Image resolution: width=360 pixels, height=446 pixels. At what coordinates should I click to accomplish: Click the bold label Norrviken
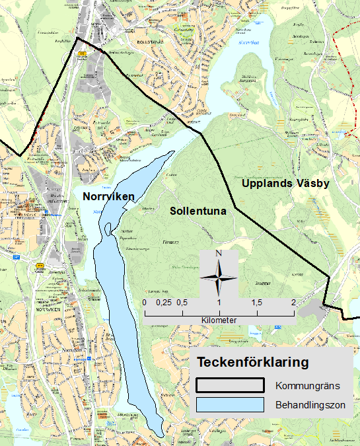[x=108, y=196]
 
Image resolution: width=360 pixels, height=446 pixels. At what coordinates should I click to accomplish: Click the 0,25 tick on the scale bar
[x=162, y=302]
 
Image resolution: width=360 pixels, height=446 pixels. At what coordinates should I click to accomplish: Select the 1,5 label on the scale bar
[x=256, y=302]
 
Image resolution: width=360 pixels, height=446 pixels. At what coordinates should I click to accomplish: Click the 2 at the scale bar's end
[x=293, y=302]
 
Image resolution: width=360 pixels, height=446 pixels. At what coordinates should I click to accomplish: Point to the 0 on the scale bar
[x=145, y=302]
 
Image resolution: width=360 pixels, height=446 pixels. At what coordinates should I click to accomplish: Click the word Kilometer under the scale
[x=219, y=320]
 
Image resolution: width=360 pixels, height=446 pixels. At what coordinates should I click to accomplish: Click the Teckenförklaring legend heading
[x=252, y=362]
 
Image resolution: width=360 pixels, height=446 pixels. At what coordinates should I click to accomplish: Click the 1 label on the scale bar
[x=219, y=302]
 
